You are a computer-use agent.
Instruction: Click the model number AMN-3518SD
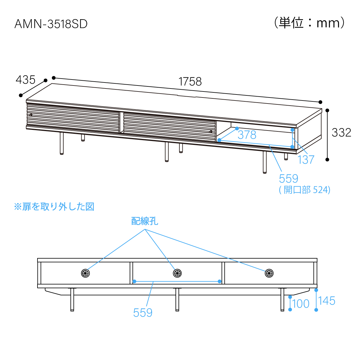[51, 24]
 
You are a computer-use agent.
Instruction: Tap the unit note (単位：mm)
[309, 23]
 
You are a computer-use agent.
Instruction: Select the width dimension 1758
[190, 82]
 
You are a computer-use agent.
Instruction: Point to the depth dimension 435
[25, 80]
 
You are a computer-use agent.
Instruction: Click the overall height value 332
[341, 133]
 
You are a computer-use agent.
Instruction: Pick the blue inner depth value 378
[247, 135]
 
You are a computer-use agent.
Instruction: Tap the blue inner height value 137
[306, 160]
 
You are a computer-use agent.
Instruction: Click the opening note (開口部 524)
[304, 190]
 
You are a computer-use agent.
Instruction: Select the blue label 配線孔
[145, 221]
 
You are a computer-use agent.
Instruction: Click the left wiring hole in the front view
[85, 273]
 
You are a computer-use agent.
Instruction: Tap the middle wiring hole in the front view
[177, 273]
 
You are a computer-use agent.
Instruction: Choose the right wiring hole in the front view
[269, 273]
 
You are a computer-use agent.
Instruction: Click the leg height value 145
[327, 301]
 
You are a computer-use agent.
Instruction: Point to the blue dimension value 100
[301, 304]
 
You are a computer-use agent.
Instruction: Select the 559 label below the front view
[143, 313]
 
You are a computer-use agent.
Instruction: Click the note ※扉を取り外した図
[54, 207]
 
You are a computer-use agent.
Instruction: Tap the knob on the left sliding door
[31, 115]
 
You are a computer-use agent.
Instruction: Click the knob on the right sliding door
[211, 131]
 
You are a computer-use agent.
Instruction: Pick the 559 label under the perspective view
[288, 178]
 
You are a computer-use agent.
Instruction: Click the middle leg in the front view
[177, 299]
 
